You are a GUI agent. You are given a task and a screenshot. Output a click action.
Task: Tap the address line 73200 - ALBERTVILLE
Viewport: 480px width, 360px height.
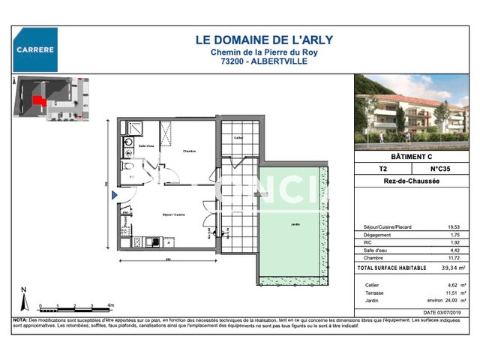pos(249,61)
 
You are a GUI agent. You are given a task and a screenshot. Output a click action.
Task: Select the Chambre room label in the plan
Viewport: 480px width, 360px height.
pos(188,151)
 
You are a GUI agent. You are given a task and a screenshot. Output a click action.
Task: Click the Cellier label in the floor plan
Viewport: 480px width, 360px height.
pos(238,138)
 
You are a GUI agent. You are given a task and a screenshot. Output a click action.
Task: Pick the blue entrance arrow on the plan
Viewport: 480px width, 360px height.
pos(115,196)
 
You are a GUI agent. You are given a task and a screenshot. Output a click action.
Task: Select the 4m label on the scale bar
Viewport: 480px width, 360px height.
pos(109,306)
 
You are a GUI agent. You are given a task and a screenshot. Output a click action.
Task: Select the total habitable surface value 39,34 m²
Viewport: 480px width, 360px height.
pos(451,268)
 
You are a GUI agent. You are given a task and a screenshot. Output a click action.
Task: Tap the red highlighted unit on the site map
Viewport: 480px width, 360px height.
pos(37,100)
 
